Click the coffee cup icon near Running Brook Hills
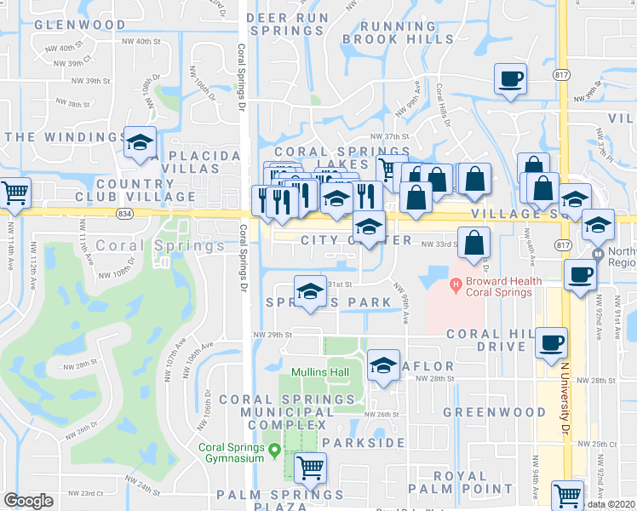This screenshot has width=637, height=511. (511, 79)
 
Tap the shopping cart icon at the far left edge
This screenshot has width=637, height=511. (14, 193)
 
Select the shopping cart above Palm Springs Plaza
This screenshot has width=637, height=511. (310, 466)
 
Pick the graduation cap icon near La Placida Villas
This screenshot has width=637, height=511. (140, 142)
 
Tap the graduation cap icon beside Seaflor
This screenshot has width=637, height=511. (384, 366)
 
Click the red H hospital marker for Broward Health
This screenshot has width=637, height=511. (456, 284)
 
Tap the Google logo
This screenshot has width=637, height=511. (28, 501)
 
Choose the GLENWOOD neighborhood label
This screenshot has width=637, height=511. (80, 25)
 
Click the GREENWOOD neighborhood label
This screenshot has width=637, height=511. (494, 412)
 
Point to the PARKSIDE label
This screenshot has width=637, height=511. (363, 443)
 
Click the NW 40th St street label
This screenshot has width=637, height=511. (141, 41)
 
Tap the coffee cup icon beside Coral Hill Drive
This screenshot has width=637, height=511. (551, 342)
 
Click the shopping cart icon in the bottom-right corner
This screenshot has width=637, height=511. (567, 493)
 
